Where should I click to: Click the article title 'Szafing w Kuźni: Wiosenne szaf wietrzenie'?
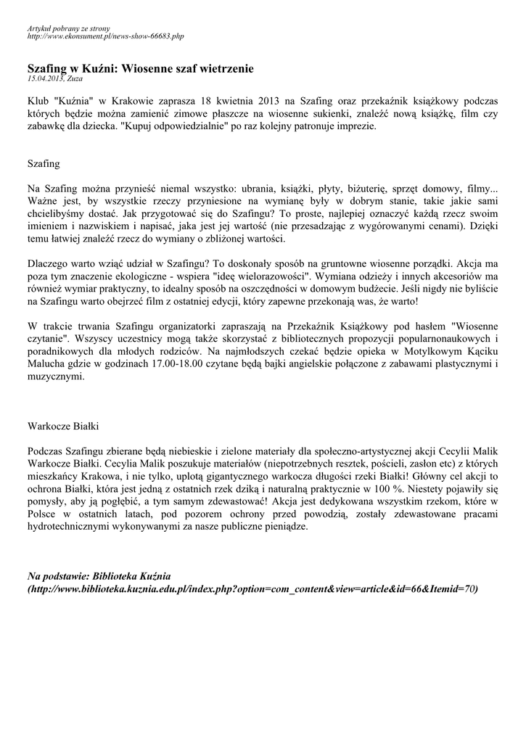coord(141,68)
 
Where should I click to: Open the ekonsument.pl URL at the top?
coord(106,35)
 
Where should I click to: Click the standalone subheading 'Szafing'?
coord(44,164)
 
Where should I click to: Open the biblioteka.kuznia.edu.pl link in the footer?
coord(253,588)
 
